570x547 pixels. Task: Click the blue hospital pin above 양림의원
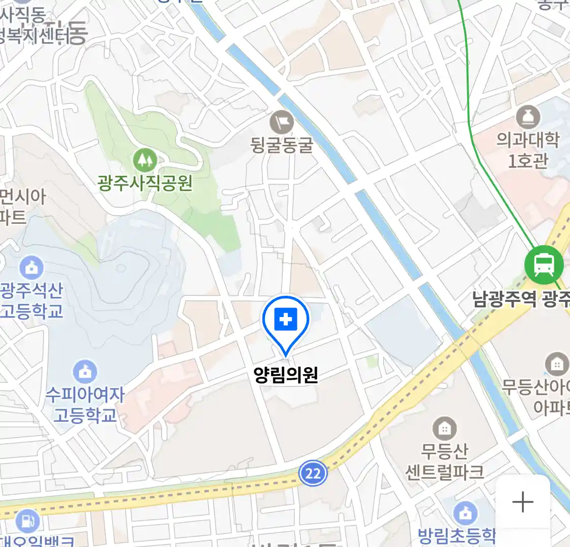[286, 320]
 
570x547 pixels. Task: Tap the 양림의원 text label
[286, 375]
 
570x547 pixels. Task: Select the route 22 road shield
[313, 474]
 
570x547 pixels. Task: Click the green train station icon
[544, 264]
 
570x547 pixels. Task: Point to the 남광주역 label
[505, 299]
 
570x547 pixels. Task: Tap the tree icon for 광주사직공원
[145, 161]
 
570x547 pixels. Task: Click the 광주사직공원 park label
[145, 182]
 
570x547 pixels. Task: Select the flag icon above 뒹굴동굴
[282, 122]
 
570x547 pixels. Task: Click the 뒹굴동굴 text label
[282, 145]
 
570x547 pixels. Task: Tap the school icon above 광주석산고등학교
[31, 268]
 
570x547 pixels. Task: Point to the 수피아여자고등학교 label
[85, 405]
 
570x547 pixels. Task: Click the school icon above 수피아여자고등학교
[85, 372]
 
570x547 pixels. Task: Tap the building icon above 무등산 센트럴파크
[444, 429]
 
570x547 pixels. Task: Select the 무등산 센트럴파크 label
[444, 461]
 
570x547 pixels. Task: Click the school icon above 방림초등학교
[465, 513]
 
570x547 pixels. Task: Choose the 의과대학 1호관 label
[528, 150]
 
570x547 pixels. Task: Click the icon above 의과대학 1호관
[528, 118]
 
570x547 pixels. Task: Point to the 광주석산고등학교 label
[31, 300]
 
